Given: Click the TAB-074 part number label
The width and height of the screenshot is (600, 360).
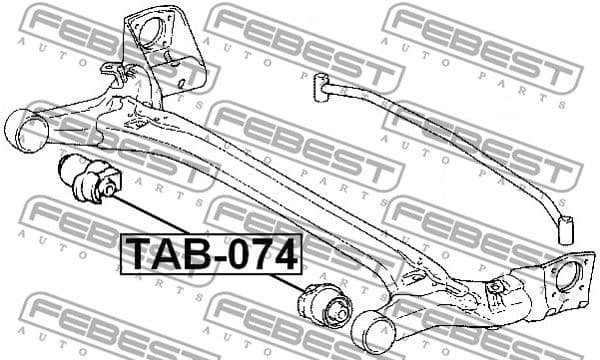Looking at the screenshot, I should (211, 254).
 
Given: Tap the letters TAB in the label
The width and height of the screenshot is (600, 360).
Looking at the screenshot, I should (160, 254).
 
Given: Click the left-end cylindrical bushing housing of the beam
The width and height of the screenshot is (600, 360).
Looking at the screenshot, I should (30, 132).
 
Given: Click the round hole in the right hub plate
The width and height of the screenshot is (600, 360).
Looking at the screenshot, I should (572, 275).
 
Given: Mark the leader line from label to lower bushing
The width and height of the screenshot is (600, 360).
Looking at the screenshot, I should (284, 282).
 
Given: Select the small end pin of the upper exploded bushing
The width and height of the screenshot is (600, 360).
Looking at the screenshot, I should (62, 163).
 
